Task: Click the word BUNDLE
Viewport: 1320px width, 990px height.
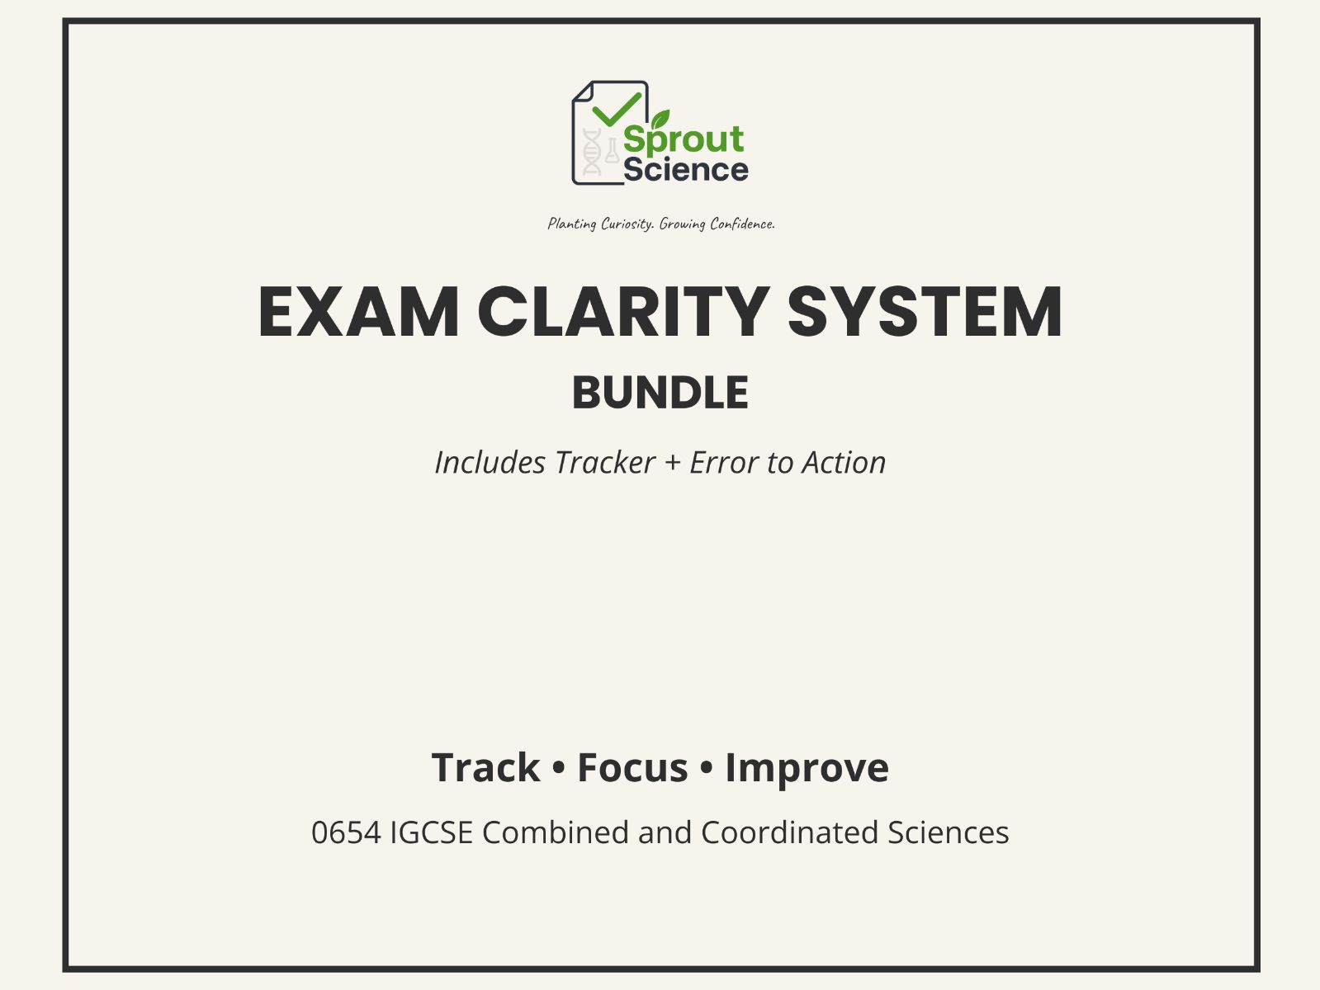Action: [x=660, y=393]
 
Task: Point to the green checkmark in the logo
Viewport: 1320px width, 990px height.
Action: [x=617, y=108]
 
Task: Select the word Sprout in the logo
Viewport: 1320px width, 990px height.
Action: [x=684, y=139]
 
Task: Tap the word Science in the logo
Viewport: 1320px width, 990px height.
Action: [x=685, y=170]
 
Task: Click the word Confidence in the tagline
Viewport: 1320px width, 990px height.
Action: [x=742, y=224]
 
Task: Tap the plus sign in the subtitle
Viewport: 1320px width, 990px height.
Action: [x=673, y=463]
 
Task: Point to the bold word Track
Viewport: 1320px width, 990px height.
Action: [x=485, y=768]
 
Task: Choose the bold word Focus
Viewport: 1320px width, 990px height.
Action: [x=632, y=768]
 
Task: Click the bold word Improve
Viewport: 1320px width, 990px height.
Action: [x=807, y=768]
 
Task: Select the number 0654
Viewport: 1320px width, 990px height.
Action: [x=346, y=832]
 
